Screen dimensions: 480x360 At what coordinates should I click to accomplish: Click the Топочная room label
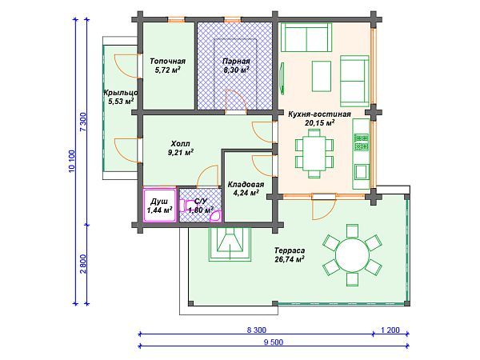coord(167,62)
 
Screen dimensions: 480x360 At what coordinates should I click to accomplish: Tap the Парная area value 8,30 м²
coord(236,70)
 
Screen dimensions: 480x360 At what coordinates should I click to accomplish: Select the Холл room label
coord(180,143)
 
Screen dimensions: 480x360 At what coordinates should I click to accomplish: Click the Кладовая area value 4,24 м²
coord(246,193)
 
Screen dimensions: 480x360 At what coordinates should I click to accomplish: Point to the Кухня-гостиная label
coord(319,114)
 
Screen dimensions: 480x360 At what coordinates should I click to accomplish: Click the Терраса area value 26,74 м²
coord(290,259)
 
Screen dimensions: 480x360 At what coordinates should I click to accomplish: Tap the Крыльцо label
coord(120,93)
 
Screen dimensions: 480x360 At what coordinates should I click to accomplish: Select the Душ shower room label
coord(159,202)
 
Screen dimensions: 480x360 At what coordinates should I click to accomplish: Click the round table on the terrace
coord(352,254)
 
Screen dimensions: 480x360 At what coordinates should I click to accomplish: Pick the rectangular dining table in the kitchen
coord(314,153)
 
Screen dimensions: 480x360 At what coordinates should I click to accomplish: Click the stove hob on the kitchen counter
coord(362,142)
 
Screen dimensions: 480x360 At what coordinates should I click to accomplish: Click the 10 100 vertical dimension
coord(72,161)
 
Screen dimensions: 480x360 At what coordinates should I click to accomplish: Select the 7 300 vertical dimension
coord(83,122)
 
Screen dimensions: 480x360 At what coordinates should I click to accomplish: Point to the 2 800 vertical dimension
coord(83,264)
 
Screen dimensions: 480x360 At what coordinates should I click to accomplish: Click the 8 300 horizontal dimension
coord(257,330)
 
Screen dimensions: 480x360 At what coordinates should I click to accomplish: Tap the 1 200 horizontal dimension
coord(390,330)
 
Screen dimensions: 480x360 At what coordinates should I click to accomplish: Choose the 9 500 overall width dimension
coord(274,342)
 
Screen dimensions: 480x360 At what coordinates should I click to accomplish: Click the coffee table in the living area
coord(322,76)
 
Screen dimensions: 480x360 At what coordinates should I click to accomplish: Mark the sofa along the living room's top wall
coord(306,38)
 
